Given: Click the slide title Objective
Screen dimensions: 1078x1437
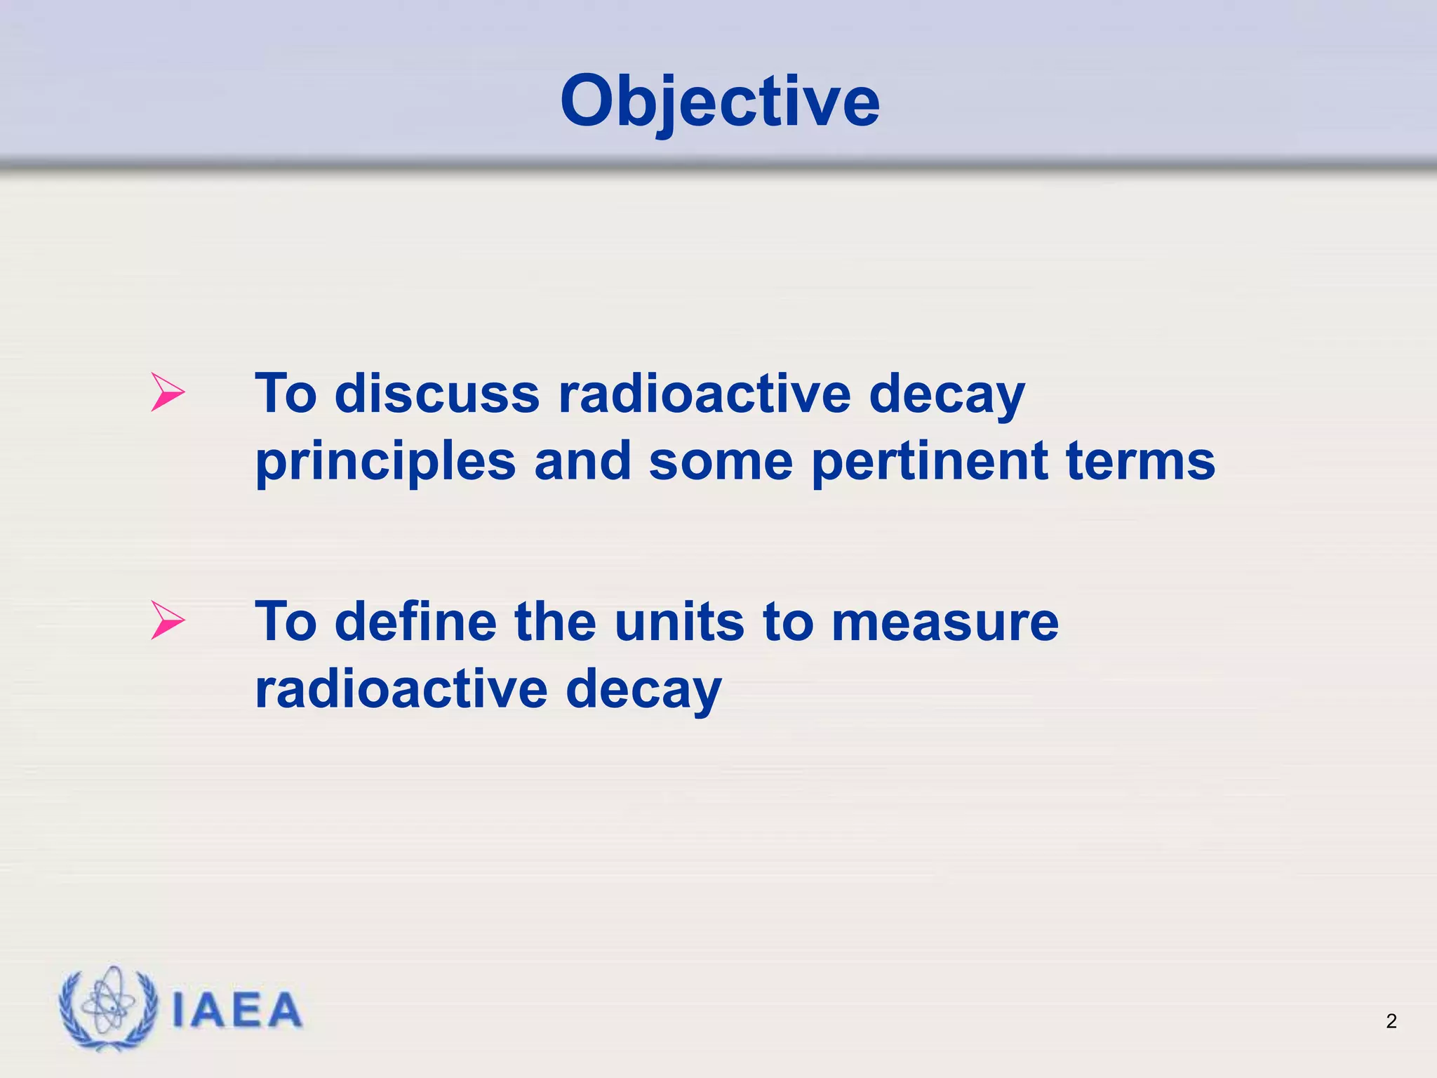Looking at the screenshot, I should pyautogui.click(x=719, y=102).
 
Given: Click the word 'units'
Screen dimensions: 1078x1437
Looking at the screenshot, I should pyautogui.click(x=679, y=622).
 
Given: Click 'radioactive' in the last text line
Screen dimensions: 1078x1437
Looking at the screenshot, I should pyautogui.click(x=401, y=689).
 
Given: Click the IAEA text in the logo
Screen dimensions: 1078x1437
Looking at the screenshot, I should pyautogui.click(x=236, y=1011).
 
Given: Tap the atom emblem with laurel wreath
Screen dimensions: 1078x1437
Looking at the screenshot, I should pyautogui.click(x=108, y=1009).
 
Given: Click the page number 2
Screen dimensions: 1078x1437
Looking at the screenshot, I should pyautogui.click(x=1391, y=1021).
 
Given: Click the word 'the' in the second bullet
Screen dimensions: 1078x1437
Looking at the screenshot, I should pyautogui.click(x=554, y=622).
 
